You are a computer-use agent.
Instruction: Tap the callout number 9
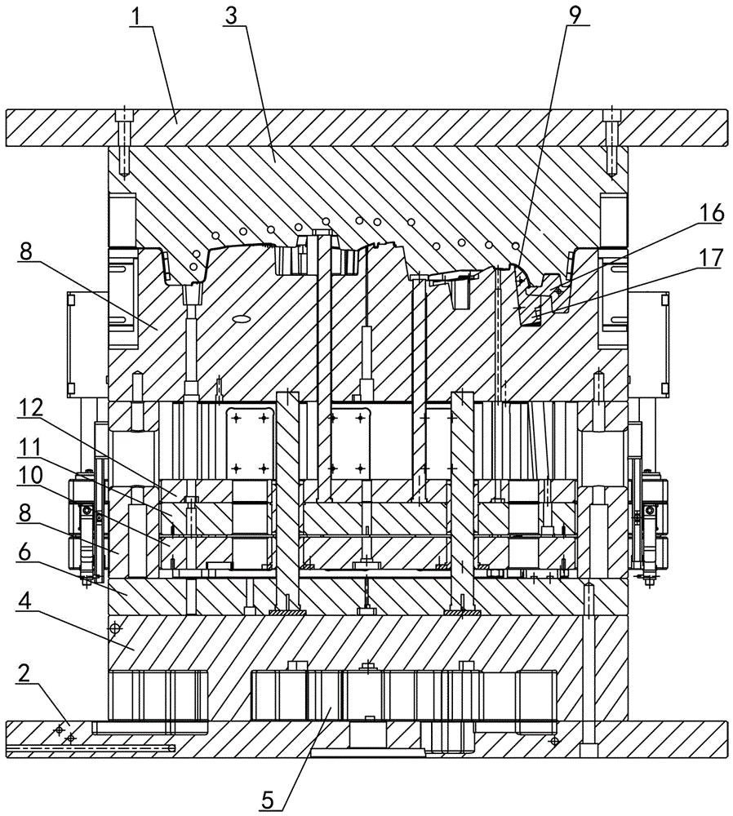(x=575, y=16)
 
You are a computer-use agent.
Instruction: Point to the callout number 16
(x=711, y=213)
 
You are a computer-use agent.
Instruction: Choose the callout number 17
(x=711, y=258)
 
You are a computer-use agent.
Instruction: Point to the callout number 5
(x=267, y=800)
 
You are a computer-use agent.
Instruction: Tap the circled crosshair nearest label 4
(x=115, y=628)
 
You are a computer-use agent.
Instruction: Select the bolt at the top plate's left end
(x=124, y=142)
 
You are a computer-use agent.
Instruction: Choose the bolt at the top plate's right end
(x=611, y=142)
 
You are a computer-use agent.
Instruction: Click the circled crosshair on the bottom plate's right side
(x=555, y=740)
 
